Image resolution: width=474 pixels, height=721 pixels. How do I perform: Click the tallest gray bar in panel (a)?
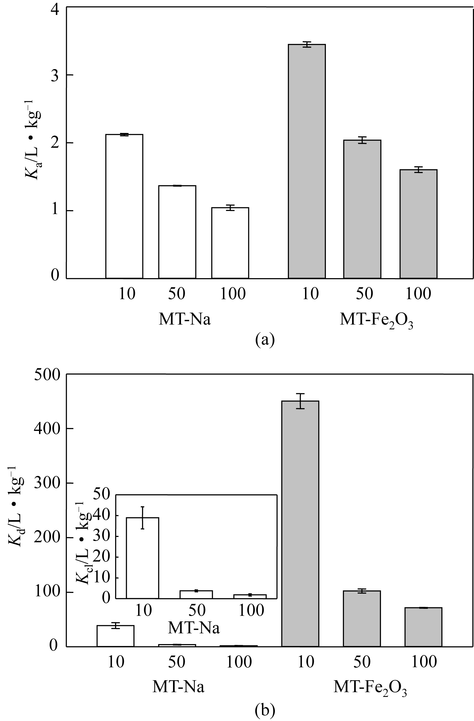click(306, 160)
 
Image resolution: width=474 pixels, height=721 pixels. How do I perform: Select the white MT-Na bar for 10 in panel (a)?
click(124, 206)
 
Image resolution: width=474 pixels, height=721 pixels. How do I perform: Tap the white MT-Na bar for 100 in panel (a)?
click(230, 242)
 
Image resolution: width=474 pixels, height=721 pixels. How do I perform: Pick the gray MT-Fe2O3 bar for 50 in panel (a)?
click(362, 209)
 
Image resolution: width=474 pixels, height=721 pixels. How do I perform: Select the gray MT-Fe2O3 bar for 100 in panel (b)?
click(423, 627)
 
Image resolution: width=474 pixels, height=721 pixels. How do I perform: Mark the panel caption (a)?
click(265, 340)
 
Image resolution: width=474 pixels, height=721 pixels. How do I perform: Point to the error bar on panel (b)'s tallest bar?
click(300, 401)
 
